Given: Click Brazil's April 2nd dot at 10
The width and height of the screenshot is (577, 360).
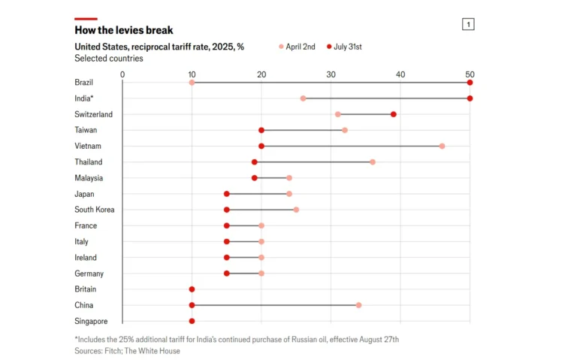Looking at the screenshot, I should (x=192, y=82).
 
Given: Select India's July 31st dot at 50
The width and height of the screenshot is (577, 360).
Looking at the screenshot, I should (x=470, y=98).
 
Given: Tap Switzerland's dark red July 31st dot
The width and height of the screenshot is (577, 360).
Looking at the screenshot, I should (x=393, y=114).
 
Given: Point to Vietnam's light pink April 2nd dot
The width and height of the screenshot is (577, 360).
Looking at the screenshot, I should (x=442, y=146).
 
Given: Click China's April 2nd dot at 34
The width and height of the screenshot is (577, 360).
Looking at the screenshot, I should (x=358, y=305).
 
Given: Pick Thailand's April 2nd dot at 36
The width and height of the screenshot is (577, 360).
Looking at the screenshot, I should (x=372, y=162).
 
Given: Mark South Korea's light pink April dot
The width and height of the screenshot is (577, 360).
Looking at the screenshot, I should (x=296, y=210).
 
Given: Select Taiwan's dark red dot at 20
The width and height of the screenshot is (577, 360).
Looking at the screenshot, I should (x=261, y=130).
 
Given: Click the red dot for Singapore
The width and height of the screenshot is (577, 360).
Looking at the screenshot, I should (x=192, y=321).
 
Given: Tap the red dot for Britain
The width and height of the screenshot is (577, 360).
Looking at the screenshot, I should (x=192, y=289).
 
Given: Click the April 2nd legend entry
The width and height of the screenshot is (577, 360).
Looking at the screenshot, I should (x=298, y=47).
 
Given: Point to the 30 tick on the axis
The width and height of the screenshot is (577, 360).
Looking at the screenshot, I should (x=331, y=74).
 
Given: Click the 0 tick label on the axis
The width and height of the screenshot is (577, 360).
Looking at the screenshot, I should (x=122, y=74).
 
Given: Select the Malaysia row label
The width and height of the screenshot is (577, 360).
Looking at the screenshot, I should (x=89, y=178).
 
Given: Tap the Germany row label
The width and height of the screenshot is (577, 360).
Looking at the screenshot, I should (x=89, y=274).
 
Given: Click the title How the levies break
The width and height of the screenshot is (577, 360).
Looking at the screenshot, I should (x=123, y=30).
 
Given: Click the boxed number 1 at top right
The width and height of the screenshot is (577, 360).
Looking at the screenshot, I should (x=468, y=25).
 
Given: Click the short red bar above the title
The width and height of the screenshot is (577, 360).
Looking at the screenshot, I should (x=86, y=18).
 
